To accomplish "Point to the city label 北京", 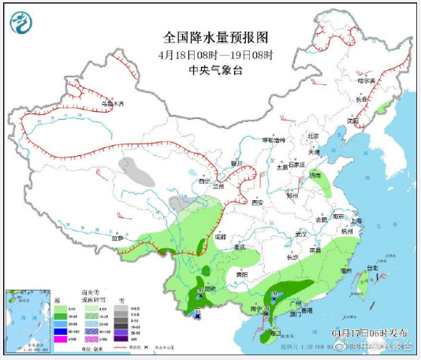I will [x=312, y=135].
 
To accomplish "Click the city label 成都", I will [x=221, y=236].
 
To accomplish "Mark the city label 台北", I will [x=384, y=269].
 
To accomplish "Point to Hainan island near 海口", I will [x=273, y=332].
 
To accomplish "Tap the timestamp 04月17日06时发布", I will [x=370, y=334].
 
